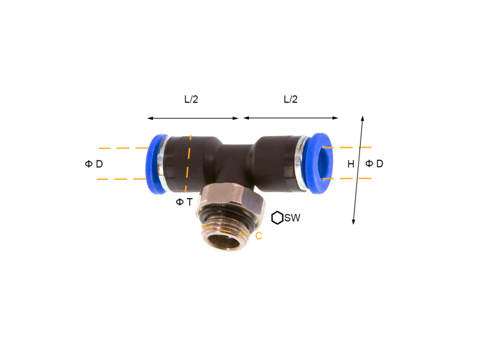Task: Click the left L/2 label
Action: pos(191,99)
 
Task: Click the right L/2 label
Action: pos(290,99)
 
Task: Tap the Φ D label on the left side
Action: pos(94,164)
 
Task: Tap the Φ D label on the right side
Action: pos(374,164)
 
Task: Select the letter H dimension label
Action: pos(351,164)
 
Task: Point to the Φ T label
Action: pos(184,202)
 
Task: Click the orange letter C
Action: pos(259,236)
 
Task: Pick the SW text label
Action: pos(292,218)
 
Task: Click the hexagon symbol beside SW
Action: pos(277,218)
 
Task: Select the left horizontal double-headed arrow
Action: pos(193,118)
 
